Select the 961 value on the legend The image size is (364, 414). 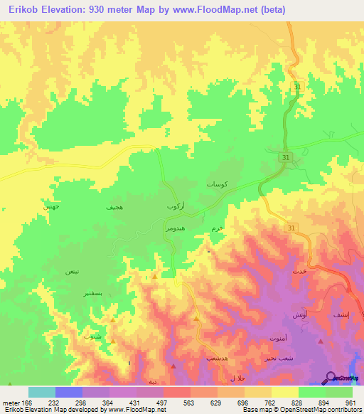(350, 402)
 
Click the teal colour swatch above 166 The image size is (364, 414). (41, 392)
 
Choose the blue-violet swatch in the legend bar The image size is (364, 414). (68, 392)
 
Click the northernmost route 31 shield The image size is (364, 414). (296, 86)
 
